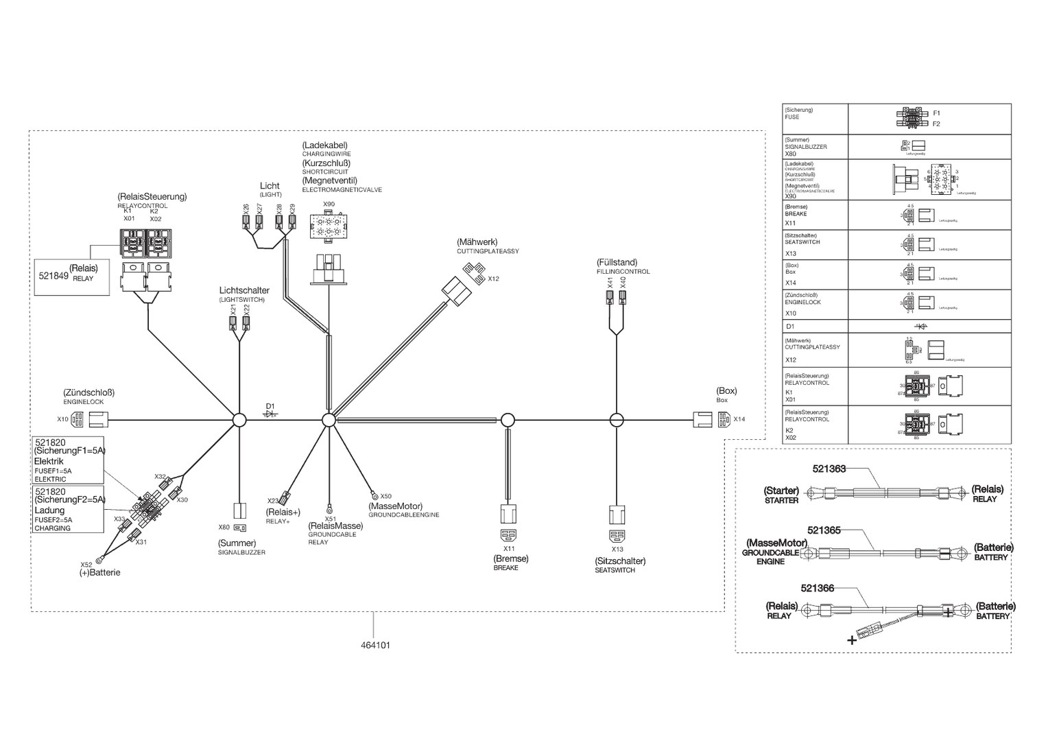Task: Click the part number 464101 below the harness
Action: pos(375,646)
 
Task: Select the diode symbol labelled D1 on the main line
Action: pos(271,414)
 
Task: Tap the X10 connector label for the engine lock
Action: pos(62,419)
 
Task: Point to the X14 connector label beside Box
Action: pos(739,419)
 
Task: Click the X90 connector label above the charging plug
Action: pos(329,204)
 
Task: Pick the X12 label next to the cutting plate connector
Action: pos(493,279)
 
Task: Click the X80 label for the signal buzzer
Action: pos(224,528)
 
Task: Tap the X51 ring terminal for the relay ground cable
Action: pos(329,508)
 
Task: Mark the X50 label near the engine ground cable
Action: pos(385,496)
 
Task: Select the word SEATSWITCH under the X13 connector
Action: pos(615,570)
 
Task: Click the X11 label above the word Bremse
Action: pos(509,549)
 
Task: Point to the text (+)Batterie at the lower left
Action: pos(99,572)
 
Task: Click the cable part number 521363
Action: pos(829,469)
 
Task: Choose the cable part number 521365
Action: pos(824,530)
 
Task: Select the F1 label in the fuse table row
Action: pos(936,113)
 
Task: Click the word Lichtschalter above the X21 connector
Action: pos(244,291)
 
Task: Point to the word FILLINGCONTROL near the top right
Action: pos(623,272)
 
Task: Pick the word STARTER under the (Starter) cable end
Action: pos(781,501)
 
